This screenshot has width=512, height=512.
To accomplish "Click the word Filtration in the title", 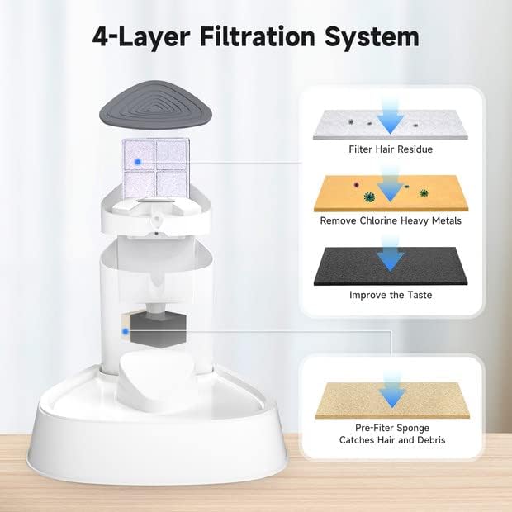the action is click(257, 36).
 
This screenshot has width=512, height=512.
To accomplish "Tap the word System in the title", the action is click(372, 37).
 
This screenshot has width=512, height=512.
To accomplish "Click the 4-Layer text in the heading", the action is click(141, 37).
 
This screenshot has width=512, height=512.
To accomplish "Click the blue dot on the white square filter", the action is click(138, 162).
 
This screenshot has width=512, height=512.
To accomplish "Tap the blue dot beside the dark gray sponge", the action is click(125, 332).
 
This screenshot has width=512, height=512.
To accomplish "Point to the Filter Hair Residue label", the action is click(391, 149).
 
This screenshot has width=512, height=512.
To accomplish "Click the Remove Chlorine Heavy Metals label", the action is click(391, 221).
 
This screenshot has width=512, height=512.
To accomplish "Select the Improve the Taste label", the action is click(391, 295).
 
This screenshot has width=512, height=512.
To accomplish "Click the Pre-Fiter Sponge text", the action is click(392, 428).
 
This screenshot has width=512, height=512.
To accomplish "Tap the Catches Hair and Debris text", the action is click(392, 440).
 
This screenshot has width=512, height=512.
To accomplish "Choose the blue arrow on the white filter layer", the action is click(391, 117).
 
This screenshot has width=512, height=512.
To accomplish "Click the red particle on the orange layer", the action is click(356, 185).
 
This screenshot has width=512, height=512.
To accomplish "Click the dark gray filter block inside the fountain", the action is click(158, 330).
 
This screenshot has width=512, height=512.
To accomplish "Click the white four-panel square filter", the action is click(155, 168).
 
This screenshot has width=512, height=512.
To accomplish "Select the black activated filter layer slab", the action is click(391, 266).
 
